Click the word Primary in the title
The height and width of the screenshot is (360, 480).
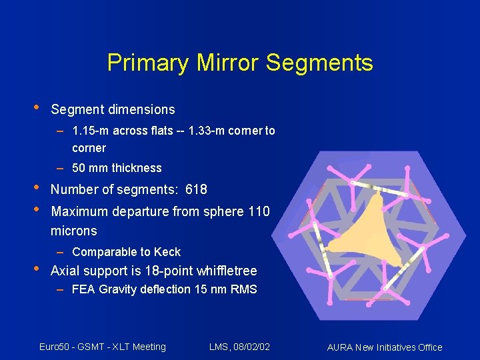[x=148, y=63]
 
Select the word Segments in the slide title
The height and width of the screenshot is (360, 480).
[x=319, y=63]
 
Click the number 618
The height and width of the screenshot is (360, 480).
[x=196, y=189]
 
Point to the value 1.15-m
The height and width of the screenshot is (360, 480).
[x=91, y=131]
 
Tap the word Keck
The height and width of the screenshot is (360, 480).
[x=167, y=252]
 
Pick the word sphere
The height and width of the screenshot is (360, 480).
[x=225, y=212]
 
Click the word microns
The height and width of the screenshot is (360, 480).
[x=74, y=231]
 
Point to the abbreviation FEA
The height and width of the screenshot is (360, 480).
[x=83, y=289]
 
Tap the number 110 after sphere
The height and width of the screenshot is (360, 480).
[x=259, y=212]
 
